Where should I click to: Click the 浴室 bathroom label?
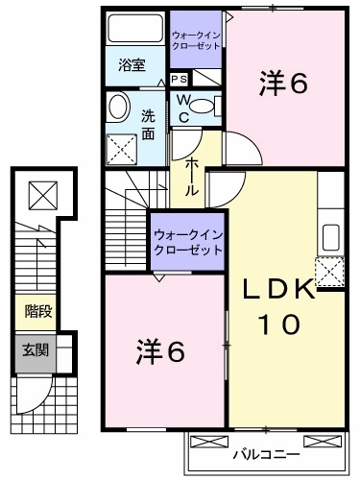(132, 65)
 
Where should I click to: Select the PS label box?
(179, 80)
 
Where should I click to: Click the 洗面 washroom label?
(148, 124)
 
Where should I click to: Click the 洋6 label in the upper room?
(282, 84)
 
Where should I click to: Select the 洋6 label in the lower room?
(161, 352)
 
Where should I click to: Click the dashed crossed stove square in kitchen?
(329, 273)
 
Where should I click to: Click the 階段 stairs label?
(38, 312)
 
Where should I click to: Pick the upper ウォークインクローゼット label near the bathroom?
(196, 41)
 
